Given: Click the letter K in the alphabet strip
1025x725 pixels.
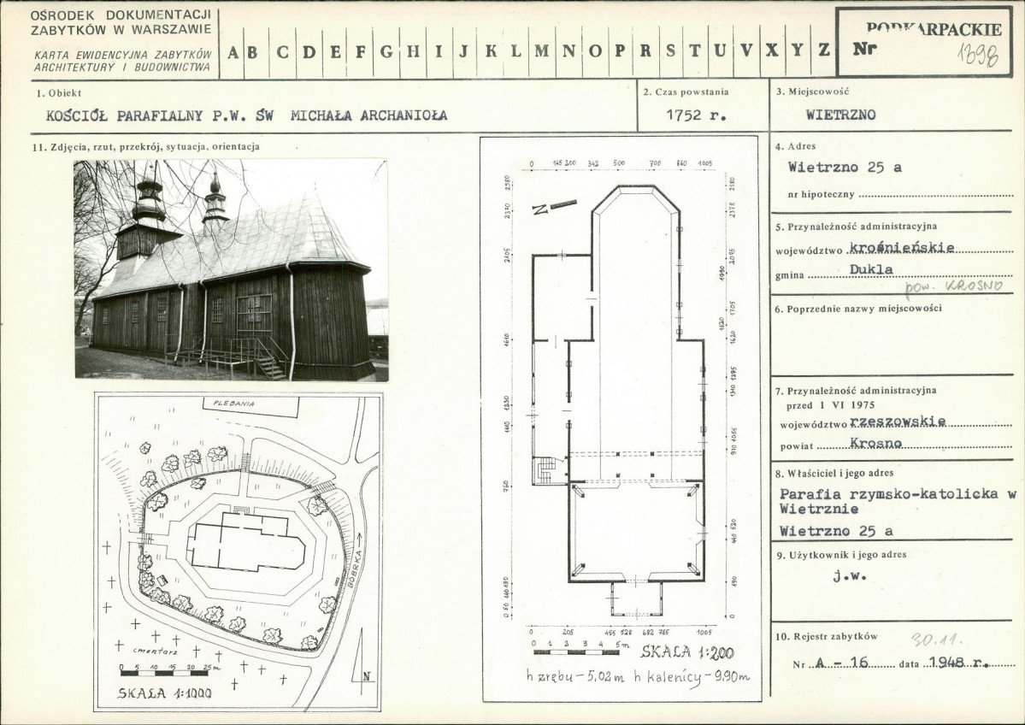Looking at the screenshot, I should pos(491,50).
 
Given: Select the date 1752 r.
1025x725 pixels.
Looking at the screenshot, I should pos(693,115).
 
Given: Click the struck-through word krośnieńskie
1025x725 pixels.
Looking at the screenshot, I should pos(903,249).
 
